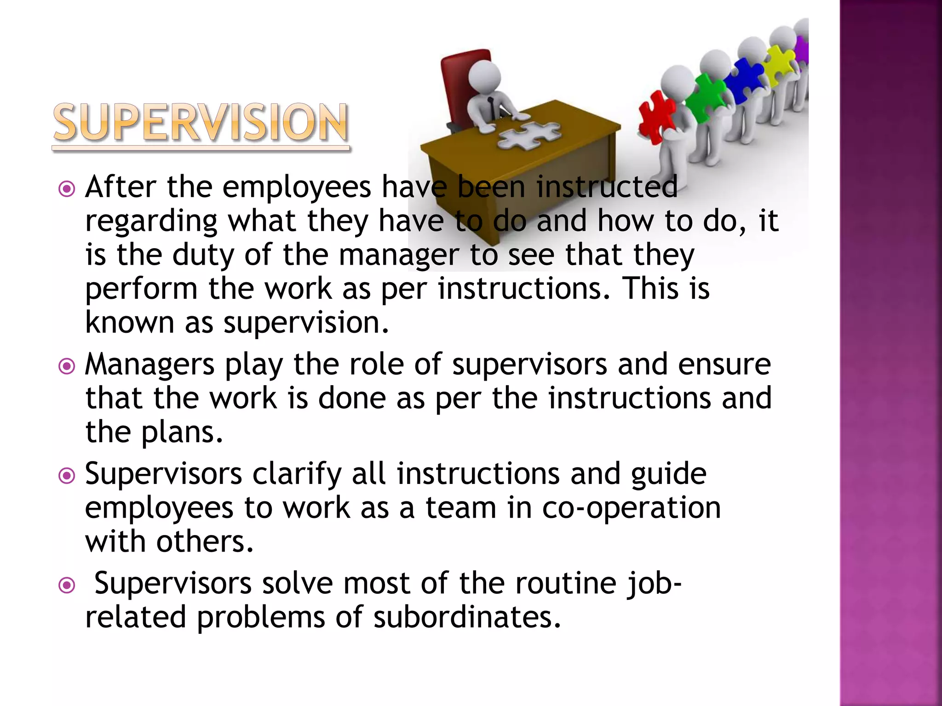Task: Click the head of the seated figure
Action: tap(486, 76)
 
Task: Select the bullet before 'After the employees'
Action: tap(67, 189)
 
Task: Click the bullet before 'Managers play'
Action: tap(67, 366)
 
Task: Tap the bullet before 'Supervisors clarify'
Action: tap(67, 476)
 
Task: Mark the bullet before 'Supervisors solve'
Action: tap(67, 585)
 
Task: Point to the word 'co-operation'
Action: tap(632, 509)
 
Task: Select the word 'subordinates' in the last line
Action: tap(467, 617)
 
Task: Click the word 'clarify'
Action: tap(297, 475)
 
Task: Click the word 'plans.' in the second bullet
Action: tap(182, 433)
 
